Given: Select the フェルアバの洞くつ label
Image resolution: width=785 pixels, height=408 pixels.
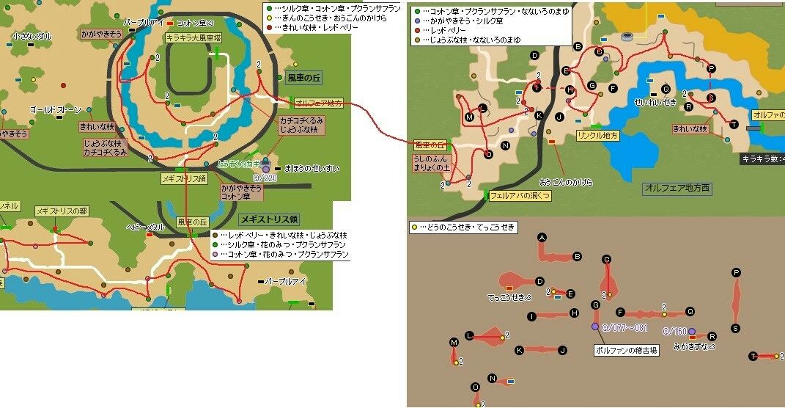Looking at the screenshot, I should coord(519,196).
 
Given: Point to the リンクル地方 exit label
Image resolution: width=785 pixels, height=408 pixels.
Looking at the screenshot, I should coord(598,136).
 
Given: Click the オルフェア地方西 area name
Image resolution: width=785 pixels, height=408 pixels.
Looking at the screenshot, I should coord(677,189).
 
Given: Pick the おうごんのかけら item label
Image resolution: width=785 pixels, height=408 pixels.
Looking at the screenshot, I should coord(566,181).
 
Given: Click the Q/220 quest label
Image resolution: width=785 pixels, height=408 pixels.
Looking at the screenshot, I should coord(265,178).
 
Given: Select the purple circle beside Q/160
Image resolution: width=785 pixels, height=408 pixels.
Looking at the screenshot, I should coord(692,332).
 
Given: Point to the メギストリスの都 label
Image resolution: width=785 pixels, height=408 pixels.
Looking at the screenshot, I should coord(61,211).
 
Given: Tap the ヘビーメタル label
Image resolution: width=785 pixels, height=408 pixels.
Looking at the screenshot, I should coord(145,227).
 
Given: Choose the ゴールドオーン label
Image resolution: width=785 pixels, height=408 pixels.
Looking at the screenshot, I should coord(56,109).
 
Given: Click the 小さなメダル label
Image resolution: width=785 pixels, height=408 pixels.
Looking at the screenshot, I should coord(32,36).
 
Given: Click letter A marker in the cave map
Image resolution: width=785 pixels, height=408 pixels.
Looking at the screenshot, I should coord(542,237).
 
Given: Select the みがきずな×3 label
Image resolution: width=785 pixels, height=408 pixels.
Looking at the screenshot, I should coord(694,346).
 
